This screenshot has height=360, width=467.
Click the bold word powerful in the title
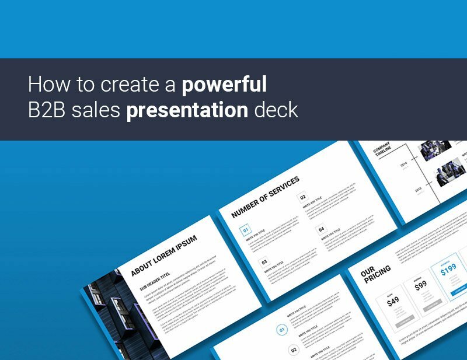[224, 85]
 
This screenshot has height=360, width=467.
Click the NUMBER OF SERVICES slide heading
[266, 196]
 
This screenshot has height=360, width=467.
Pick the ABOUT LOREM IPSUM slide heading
[163, 255]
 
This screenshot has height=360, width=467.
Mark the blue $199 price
[448, 270]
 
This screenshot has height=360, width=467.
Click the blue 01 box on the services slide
[246, 230]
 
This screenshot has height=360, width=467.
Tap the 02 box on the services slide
[302, 198]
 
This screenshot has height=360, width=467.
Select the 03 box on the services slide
[264, 263]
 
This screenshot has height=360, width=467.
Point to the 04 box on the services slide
[321, 229]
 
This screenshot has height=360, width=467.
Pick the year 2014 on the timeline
[405, 166]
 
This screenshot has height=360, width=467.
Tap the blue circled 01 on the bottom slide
[282, 330]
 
